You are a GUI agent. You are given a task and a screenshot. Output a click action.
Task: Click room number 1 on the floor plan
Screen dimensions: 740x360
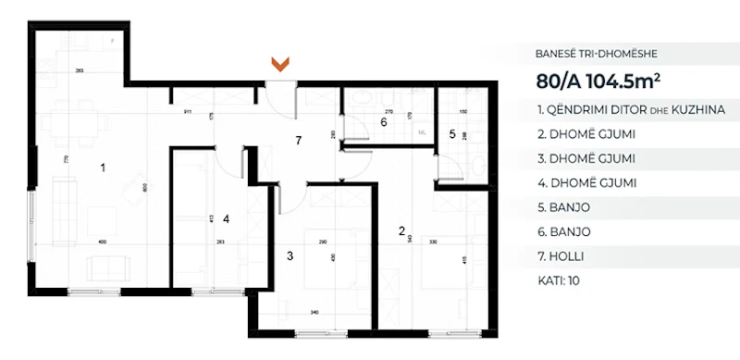pos(104,168)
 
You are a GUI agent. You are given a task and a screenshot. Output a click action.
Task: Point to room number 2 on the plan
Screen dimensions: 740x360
pos(401,230)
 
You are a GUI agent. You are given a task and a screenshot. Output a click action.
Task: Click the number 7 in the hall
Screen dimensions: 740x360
pos(297,141)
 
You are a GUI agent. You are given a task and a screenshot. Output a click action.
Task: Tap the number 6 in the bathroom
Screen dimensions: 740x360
pos(383,121)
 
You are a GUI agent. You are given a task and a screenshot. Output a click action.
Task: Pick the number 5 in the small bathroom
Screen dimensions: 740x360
pos(452,133)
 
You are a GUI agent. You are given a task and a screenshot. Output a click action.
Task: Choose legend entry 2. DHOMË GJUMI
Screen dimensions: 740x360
pos(585,135)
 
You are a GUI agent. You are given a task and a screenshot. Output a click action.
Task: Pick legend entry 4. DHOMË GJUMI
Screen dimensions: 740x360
pos(585,183)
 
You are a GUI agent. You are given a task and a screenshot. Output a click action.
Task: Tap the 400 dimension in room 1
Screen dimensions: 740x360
pos(102,242)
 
